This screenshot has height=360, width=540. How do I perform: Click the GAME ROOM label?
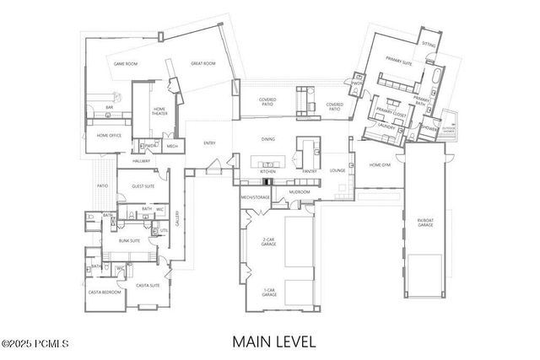click(127, 63)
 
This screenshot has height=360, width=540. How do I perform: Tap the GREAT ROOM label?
click(202, 63)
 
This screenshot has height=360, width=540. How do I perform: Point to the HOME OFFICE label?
click(108, 135)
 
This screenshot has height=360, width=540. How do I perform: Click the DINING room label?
click(267, 139)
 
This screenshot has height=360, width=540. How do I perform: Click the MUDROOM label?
click(299, 192)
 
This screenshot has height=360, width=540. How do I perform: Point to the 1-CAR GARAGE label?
click(268, 291)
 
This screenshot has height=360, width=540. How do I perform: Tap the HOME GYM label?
click(380, 165)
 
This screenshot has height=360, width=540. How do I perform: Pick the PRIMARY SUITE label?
click(398, 60)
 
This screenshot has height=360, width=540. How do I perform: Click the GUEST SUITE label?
click(142, 185)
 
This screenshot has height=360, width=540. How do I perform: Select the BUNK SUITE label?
click(129, 240)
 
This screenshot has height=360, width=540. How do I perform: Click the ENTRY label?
click(210, 142)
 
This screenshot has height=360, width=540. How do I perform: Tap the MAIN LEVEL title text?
click(274, 341)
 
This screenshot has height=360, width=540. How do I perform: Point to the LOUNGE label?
click(337, 170)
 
